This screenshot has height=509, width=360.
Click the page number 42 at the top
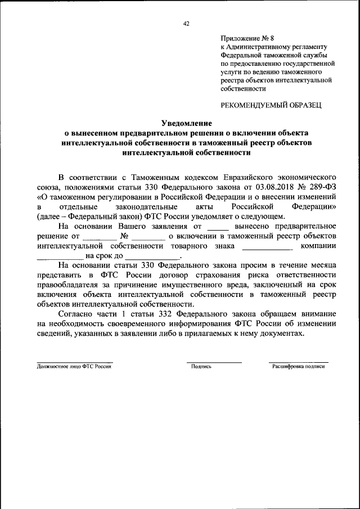click(186, 23)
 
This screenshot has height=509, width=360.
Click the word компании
click(318, 247)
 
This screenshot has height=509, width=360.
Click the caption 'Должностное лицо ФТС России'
click(74, 366)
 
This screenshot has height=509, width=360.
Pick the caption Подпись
click(201, 366)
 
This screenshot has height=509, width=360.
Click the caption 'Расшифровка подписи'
click(299, 366)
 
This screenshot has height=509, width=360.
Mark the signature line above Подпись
click(214, 362)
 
